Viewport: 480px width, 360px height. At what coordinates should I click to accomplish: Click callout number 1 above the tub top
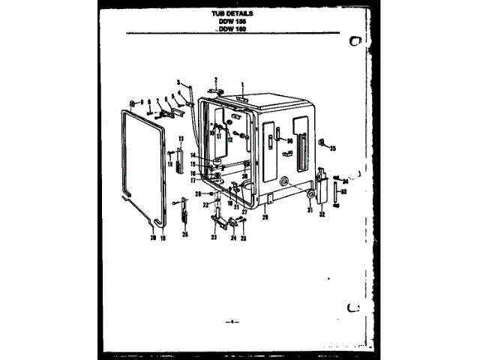point(243,85)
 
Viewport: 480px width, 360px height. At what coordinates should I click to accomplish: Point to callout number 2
point(215,79)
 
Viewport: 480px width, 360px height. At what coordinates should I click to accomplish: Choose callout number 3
point(178,81)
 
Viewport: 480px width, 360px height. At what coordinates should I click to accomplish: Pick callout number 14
point(192,155)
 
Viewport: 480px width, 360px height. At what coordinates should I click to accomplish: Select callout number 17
point(192,180)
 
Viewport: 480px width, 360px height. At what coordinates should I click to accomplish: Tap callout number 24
point(232,238)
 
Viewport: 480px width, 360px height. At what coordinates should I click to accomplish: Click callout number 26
point(184,234)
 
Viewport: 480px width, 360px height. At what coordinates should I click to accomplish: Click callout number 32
point(322,214)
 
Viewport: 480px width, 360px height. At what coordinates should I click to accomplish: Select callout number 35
point(332,148)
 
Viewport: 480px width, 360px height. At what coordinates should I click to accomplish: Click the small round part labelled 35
point(321,142)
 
